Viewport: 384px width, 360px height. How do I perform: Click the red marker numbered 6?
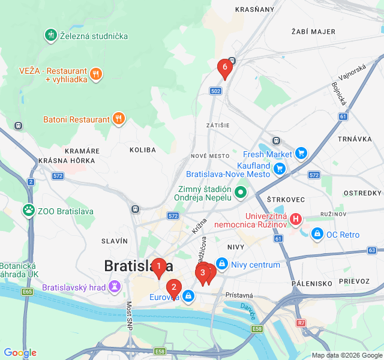(224, 68)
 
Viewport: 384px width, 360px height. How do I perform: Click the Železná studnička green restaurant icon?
(51, 35)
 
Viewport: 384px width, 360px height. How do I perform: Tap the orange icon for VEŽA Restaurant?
(96, 75)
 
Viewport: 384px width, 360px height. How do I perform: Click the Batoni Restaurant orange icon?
(119, 119)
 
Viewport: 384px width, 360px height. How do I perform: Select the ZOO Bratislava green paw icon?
(28, 211)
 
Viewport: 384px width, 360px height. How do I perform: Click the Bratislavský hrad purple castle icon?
(114, 287)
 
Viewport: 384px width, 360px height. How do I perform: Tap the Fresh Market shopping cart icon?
(301, 154)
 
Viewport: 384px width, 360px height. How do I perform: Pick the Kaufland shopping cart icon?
(279, 169)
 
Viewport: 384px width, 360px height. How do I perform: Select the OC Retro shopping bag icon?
(317, 234)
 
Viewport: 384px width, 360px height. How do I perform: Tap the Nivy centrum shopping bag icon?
(222, 264)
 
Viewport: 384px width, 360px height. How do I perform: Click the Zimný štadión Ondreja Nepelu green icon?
(241, 193)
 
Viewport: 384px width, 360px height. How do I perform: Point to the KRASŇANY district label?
(254, 10)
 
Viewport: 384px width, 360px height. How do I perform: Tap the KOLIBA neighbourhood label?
(142, 149)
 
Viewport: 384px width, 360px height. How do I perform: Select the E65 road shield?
(27, 292)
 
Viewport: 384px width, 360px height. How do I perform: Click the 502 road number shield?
(216, 91)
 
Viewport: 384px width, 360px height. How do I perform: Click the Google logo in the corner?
(20, 353)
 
